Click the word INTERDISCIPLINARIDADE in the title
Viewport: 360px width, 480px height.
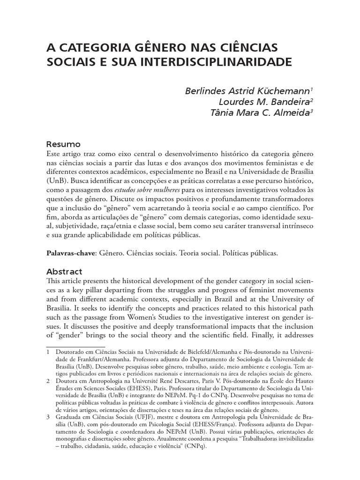[x=210, y=61]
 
